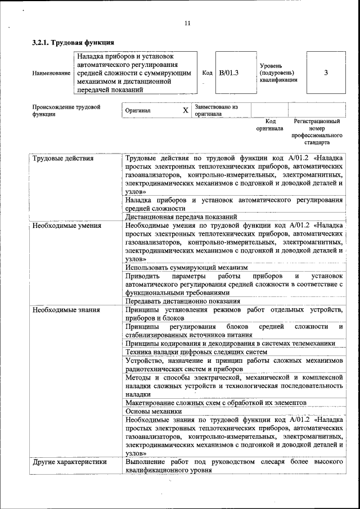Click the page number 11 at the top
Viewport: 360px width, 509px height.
coord(187,23)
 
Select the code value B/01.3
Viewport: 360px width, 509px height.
coord(229,73)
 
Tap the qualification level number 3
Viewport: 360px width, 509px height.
coord(326,73)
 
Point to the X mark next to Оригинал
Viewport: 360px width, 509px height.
coord(185,110)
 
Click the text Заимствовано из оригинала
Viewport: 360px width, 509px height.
coord(217,110)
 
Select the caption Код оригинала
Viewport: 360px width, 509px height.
coord(270,124)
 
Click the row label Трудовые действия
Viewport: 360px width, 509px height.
coord(63,158)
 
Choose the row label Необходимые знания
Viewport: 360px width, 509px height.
coord(66,309)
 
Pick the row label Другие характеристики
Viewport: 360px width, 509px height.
coord(69,462)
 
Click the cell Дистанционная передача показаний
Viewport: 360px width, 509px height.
coord(181,217)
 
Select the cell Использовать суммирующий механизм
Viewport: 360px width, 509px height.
coord(187,268)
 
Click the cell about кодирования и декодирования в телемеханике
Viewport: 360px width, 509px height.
coord(231,343)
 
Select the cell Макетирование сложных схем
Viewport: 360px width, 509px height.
coord(216,403)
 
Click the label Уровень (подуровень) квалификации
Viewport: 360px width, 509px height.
coord(278,73)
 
